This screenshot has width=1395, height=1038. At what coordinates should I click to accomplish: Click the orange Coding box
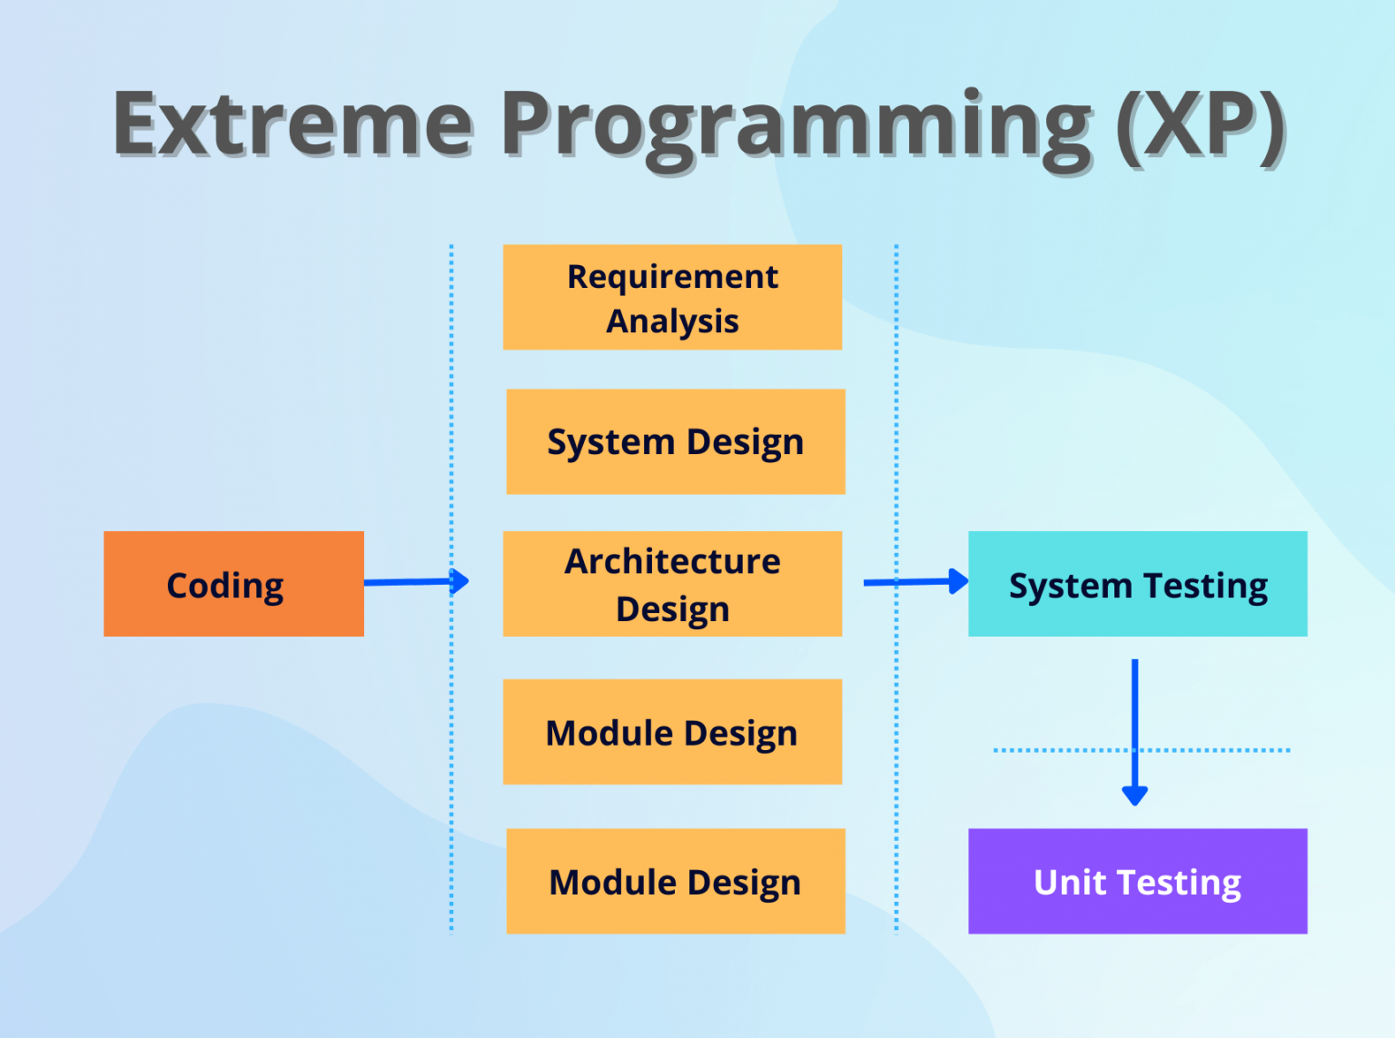(233, 584)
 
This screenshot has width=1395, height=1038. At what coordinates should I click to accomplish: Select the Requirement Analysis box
(672, 297)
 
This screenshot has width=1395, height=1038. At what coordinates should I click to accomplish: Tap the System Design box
(675, 441)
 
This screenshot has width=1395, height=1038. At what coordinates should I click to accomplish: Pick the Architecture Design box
(672, 584)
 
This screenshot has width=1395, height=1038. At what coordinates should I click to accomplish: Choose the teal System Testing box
(1137, 584)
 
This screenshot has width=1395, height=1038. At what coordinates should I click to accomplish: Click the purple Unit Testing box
(1137, 881)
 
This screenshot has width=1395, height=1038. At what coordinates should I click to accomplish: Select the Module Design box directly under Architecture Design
(672, 732)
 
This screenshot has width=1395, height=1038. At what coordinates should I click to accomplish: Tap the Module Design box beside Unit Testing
(675, 881)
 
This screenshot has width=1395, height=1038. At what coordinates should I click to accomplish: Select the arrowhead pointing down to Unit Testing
(1134, 795)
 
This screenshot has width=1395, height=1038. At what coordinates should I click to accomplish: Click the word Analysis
(672, 321)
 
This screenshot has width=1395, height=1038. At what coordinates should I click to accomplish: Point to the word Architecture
(672, 561)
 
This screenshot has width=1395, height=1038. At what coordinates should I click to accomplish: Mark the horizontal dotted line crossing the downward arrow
(1054, 750)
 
